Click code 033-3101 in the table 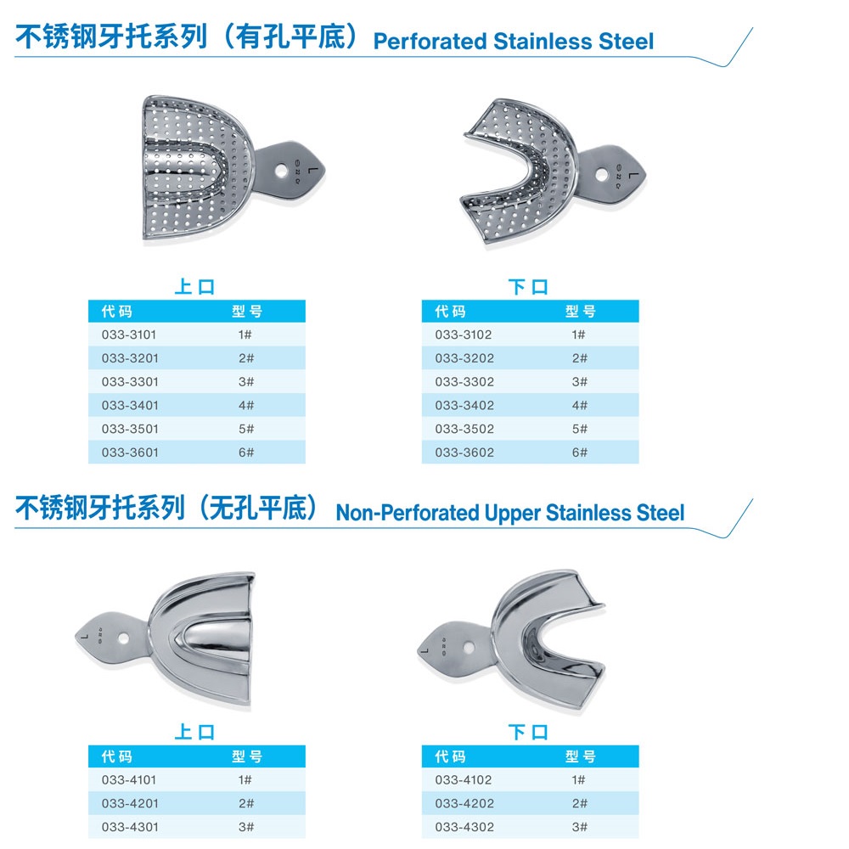point(129,335)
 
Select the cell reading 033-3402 point(464,405)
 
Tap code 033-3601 point(129,453)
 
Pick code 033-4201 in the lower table point(129,803)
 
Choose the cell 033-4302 point(464,827)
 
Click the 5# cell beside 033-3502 point(580,429)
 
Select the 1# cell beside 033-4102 point(580,779)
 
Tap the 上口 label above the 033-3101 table point(195,287)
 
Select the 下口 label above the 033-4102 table point(529,731)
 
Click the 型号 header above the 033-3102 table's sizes point(581,312)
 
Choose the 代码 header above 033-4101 point(116,756)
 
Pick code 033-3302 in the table point(464,382)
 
